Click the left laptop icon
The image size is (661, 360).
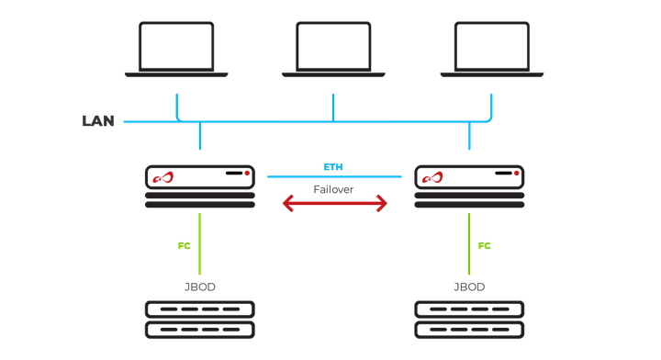tap(176, 49)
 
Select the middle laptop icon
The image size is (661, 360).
tap(332, 49)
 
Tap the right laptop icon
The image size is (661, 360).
tap(491, 49)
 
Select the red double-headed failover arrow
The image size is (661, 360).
tap(335, 205)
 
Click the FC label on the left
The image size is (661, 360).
tap(184, 246)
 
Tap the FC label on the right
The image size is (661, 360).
tap(485, 246)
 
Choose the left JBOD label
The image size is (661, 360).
tap(199, 287)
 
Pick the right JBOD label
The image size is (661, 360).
tap(469, 287)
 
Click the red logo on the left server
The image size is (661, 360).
tap(163, 176)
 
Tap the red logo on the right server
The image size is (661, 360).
tap(432, 176)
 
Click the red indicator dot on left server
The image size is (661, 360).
tap(246, 173)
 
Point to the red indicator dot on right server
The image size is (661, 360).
tap(516, 173)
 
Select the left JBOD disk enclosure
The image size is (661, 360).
tap(199, 320)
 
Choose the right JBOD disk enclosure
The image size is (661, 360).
tap(469, 320)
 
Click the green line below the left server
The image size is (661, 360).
tap(199, 243)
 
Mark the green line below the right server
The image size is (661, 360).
tap(469, 243)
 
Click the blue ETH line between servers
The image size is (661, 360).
tap(335, 176)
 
